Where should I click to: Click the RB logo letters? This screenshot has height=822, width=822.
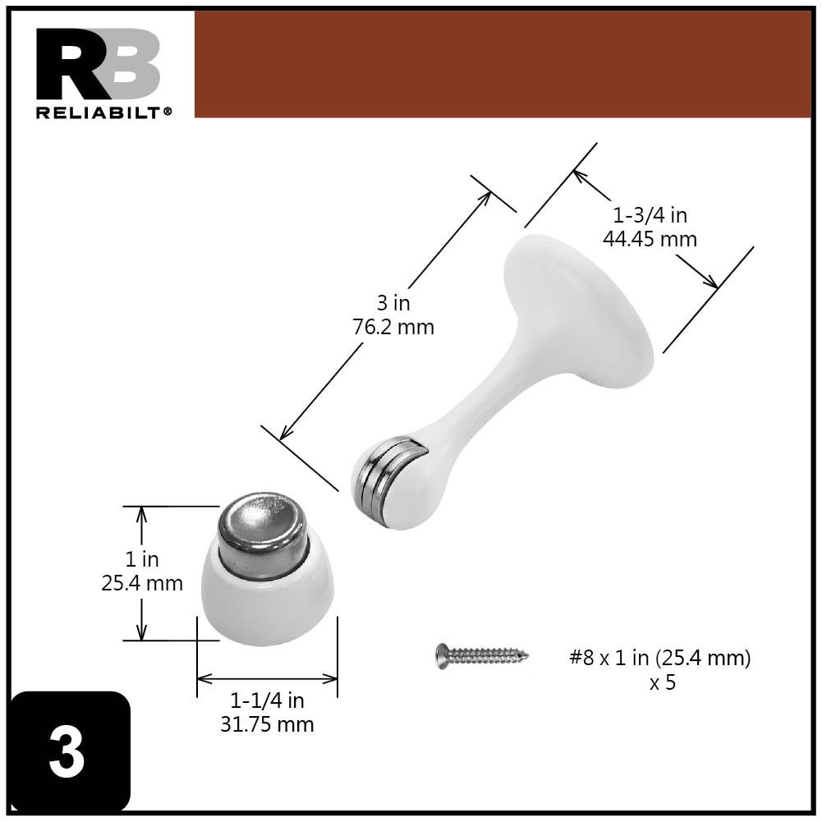point(97,64)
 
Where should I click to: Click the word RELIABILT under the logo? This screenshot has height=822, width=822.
point(102,113)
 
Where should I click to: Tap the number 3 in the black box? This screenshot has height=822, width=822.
point(67,753)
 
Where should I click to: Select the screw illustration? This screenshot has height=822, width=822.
point(482,655)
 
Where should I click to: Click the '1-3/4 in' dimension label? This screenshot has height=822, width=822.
point(650,216)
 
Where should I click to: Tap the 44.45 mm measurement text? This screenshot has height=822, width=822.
point(650,239)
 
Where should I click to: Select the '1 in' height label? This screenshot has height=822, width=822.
point(141,559)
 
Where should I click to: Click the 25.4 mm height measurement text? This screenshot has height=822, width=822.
point(141,583)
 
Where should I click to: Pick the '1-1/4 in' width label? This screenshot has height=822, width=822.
point(267,701)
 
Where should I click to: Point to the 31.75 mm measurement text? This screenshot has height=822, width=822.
point(267,724)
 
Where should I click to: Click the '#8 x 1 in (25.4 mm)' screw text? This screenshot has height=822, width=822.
point(660,658)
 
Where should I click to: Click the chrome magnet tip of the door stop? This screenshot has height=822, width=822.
point(386,480)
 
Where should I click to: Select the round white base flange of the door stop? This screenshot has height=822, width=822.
point(579,308)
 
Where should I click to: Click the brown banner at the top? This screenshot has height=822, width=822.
point(502,64)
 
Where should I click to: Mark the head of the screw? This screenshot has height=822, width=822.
point(443,655)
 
